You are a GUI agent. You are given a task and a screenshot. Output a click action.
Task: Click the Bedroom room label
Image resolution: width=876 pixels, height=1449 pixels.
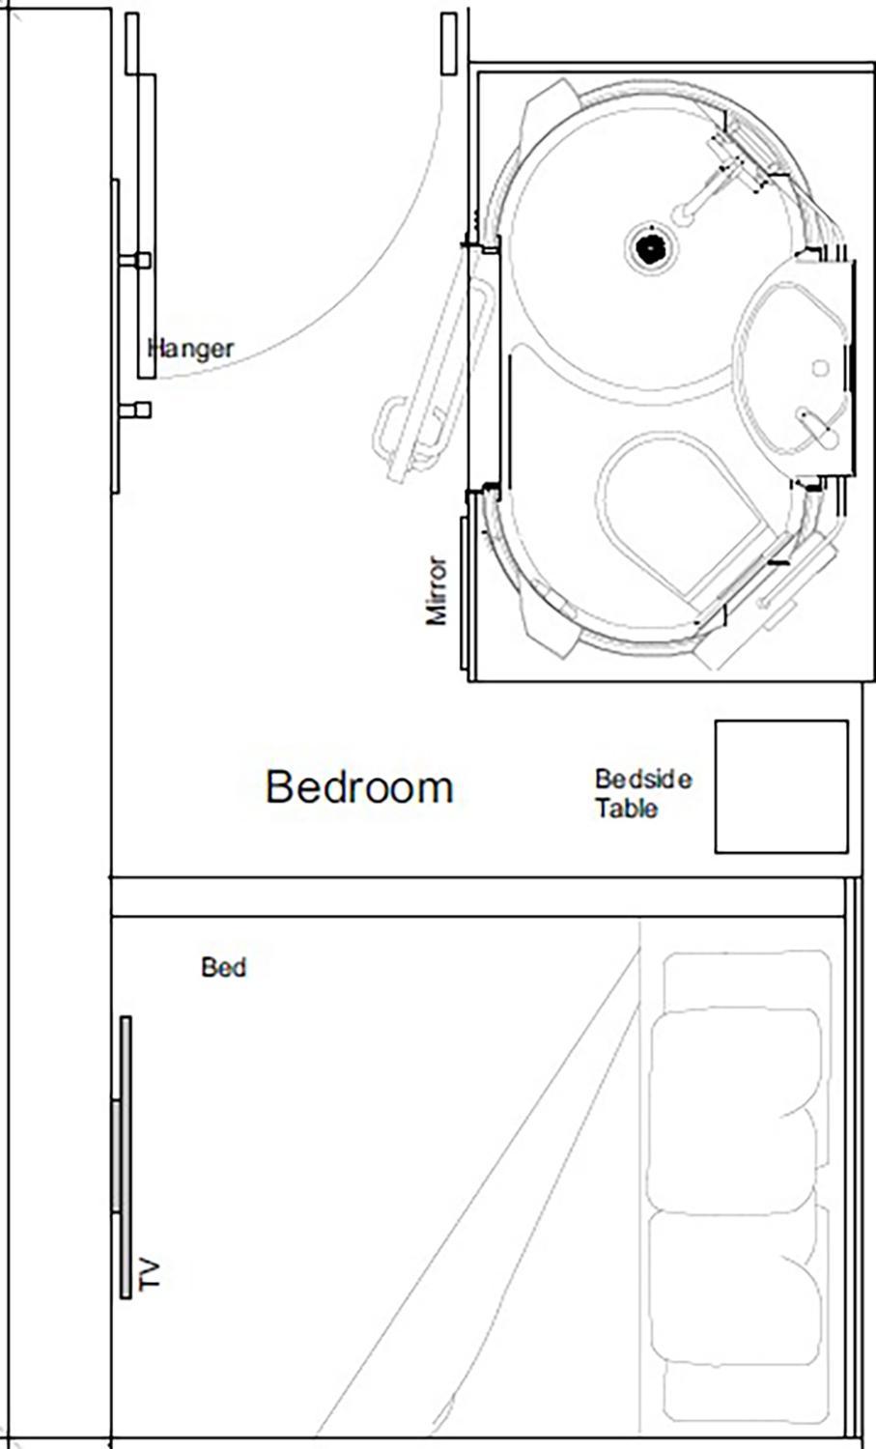click(359, 787)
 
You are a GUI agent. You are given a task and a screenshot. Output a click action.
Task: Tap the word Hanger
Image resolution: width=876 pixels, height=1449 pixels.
click(191, 348)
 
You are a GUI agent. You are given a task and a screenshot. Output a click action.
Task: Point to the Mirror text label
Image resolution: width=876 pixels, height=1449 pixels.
click(437, 590)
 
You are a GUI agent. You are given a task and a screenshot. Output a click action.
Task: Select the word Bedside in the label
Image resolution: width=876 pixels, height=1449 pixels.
click(642, 779)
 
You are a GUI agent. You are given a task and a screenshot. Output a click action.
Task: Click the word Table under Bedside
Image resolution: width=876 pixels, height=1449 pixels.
click(626, 808)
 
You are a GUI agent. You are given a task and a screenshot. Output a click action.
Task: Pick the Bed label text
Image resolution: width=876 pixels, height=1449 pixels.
click(223, 967)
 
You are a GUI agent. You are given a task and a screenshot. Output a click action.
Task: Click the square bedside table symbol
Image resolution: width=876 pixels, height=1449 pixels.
click(780, 786)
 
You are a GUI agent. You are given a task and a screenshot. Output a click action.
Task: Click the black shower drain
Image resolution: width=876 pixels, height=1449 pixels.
click(650, 248)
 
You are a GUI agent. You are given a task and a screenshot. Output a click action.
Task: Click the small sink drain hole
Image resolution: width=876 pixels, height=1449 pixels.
click(820, 367)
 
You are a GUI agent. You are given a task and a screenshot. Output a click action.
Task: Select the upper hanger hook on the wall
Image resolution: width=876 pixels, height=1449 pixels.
click(135, 260)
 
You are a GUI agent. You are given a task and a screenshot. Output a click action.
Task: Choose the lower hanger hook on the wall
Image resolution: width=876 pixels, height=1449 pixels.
click(135, 410)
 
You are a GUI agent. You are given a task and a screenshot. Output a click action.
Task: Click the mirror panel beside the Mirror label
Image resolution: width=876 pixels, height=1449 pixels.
click(466, 594)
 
